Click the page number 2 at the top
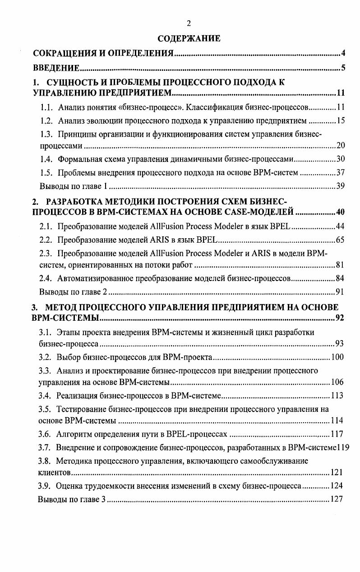[x=188, y=24]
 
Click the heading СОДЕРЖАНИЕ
[x=188, y=39]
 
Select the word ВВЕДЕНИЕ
[x=56, y=69]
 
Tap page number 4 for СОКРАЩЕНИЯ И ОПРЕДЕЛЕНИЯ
[x=343, y=54]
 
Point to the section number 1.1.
[x=46, y=108]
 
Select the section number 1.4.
[x=46, y=159]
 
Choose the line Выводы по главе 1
[x=73, y=186]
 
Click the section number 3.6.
[x=46, y=434]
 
